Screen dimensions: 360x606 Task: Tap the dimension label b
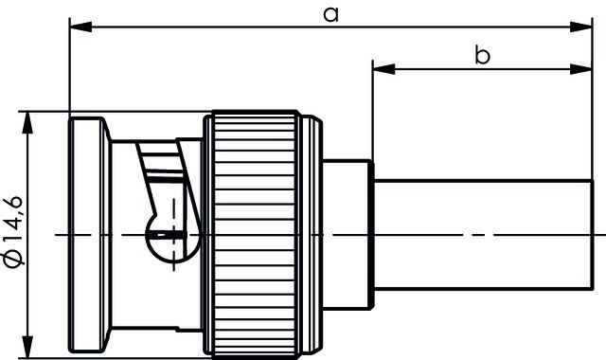click(482, 56)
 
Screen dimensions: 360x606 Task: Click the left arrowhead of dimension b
click(378, 69)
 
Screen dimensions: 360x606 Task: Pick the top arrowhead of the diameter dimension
click(27, 119)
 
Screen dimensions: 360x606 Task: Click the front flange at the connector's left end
click(88, 233)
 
